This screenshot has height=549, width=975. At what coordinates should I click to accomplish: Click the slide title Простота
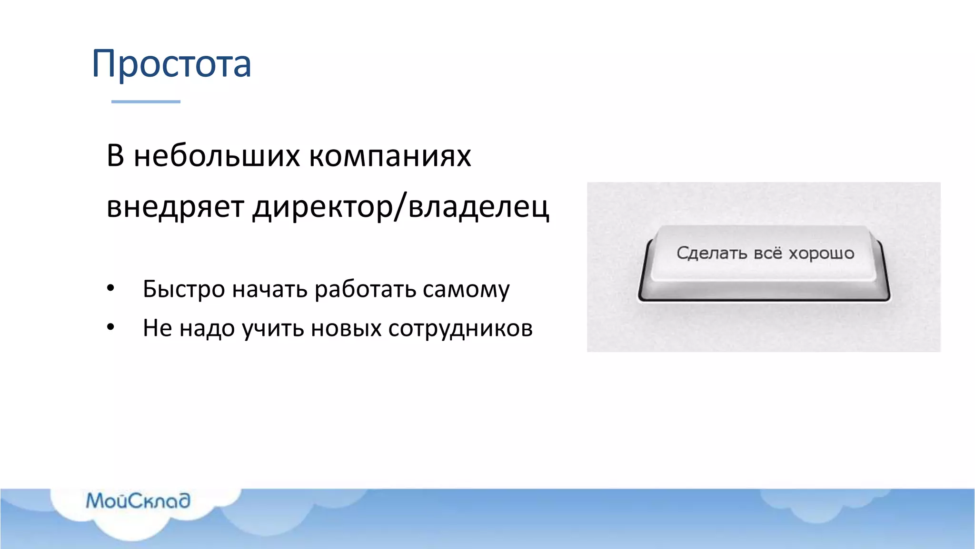coord(171,64)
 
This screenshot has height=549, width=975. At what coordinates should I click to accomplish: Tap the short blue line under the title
coord(146,102)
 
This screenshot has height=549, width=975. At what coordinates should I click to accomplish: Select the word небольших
coord(217,156)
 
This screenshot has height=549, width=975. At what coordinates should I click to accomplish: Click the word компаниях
coord(390,156)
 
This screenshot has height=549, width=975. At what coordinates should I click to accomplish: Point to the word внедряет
coord(175,207)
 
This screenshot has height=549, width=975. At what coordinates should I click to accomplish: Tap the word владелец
coord(478,207)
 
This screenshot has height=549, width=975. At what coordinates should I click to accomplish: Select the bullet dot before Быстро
coord(110,288)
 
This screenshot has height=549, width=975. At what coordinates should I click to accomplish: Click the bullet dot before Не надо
coord(110,327)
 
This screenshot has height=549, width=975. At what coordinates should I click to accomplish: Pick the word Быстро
coord(184,289)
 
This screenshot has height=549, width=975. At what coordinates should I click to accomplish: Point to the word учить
coord(273,328)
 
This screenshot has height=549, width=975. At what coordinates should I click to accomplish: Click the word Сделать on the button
coord(712,253)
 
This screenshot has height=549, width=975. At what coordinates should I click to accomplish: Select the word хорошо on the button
coord(821,253)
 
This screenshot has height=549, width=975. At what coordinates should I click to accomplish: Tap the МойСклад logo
coord(138,501)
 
